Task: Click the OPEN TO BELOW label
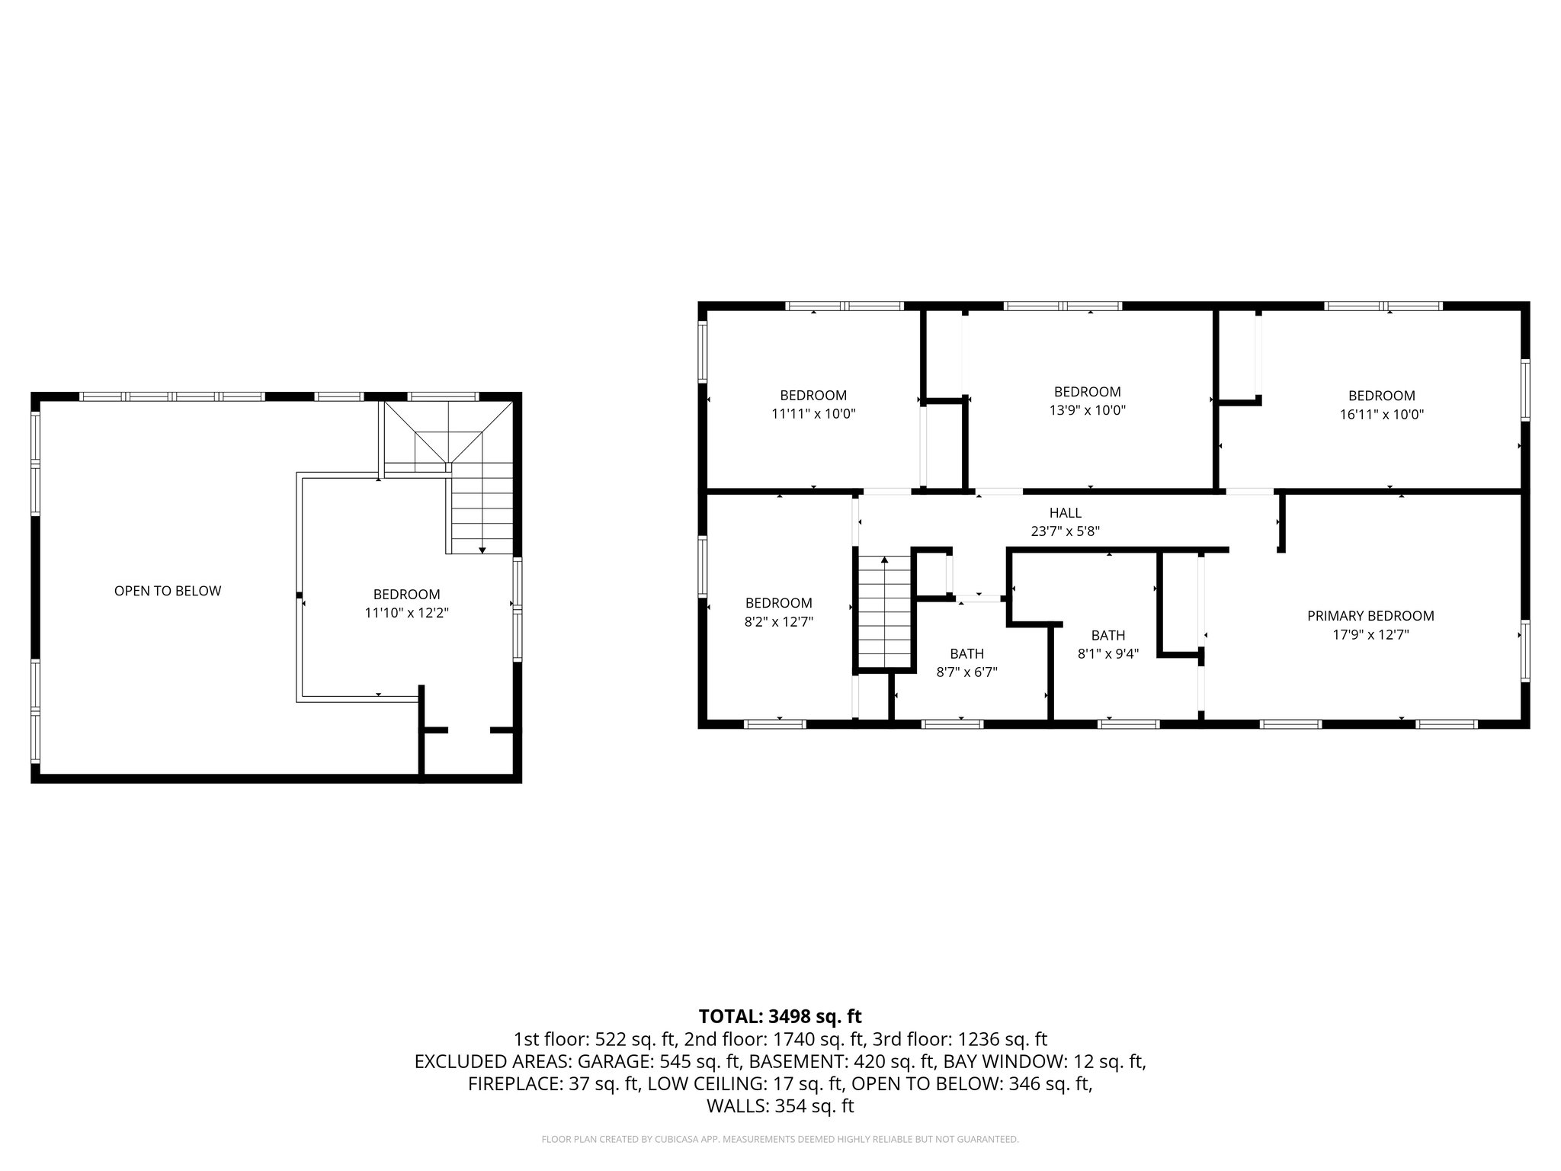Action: pos(168,591)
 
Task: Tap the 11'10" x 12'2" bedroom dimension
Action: pos(406,613)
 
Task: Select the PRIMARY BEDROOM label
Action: pos(1370,616)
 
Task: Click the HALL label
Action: pos(1065,513)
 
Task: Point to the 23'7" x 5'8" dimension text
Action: pos(1065,531)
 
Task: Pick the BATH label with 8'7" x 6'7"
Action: pos(966,653)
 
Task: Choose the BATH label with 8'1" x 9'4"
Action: pos(1107,635)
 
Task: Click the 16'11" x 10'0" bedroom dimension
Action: pos(1381,415)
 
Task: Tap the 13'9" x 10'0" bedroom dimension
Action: pos(1087,410)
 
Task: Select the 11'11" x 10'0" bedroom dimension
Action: pos(813,414)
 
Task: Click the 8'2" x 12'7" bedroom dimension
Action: pos(778,621)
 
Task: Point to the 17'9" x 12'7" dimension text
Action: pos(1370,634)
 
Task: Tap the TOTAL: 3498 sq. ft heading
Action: pos(780,1016)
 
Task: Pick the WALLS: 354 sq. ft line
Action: pos(780,1106)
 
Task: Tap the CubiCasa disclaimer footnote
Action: pos(780,1140)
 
